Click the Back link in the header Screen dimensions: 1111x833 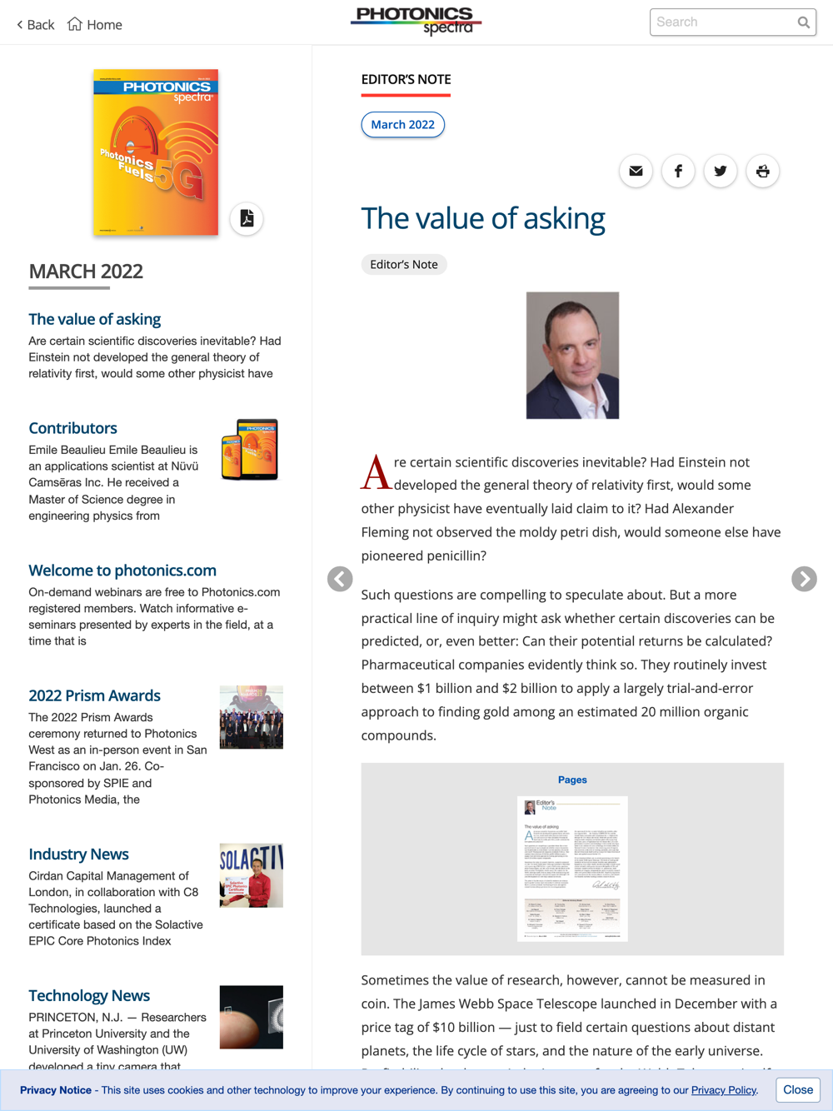click(x=36, y=25)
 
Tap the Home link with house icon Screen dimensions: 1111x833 click(x=95, y=25)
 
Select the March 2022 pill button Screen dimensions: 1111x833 click(x=402, y=125)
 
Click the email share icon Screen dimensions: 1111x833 click(x=636, y=172)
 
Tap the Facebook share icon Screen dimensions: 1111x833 click(x=678, y=172)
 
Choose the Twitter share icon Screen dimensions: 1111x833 click(x=721, y=172)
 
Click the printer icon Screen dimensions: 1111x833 click(x=762, y=172)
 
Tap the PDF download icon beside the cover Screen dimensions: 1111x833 click(x=247, y=219)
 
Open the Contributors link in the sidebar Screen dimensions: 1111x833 click(x=73, y=428)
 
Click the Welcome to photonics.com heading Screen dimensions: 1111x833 click(x=122, y=570)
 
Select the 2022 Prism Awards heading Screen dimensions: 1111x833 click(x=95, y=695)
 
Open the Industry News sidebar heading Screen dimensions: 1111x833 click(x=79, y=854)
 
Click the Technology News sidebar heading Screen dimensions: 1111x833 click(x=89, y=995)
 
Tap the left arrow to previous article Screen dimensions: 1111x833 click(x=340, y=579)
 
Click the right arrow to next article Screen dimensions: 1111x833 click(x=804, y=579)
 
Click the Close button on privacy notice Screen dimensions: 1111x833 click(x=797, y=1090)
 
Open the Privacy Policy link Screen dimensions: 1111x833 click(x=723, y=1090)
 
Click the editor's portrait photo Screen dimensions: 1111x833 click(x=572, y=356)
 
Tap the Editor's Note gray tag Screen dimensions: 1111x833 click(x=404, y=265)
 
